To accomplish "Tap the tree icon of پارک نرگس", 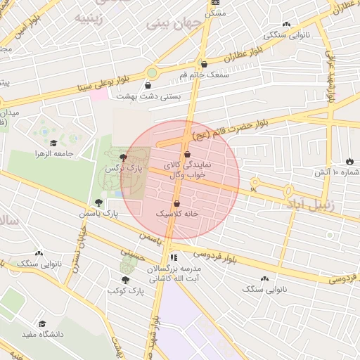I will [124, 158].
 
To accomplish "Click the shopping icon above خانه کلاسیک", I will [186, 203].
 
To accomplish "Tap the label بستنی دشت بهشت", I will [148, 96].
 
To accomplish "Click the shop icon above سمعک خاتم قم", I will [204, 64].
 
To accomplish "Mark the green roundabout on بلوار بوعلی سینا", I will [152, 72].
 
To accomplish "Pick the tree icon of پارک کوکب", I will [126, 279].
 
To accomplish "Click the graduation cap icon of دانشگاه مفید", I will [42, 323].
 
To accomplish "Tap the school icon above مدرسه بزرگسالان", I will [174, 257].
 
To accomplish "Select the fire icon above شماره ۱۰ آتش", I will [349, 161].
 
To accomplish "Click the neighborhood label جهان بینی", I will [174, 23].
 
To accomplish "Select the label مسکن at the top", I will [215, 13].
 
